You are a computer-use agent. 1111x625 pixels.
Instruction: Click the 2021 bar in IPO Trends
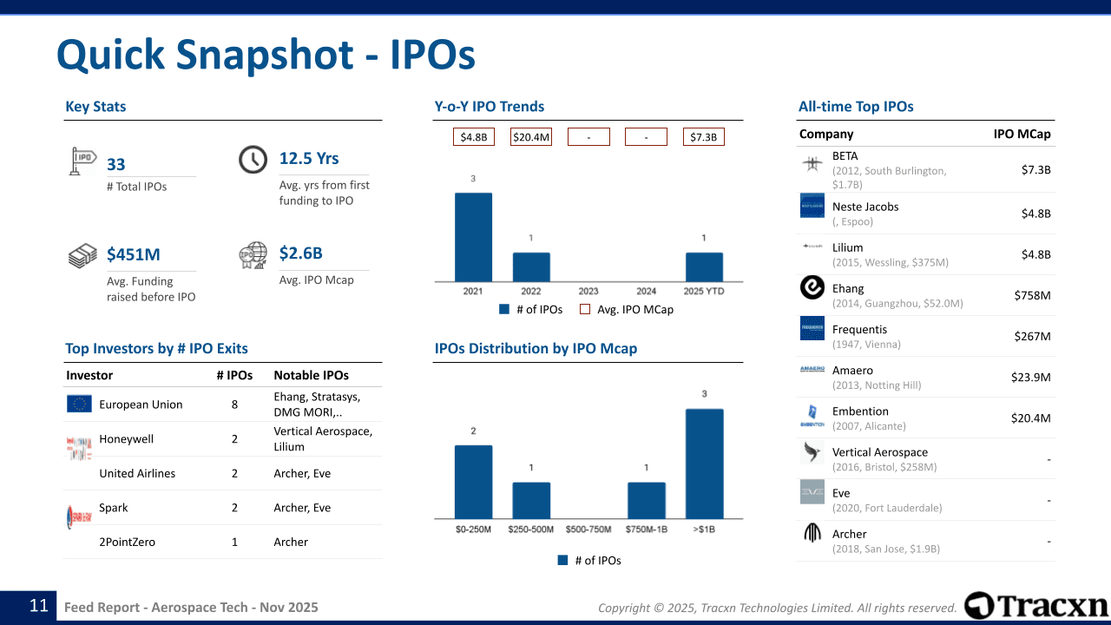[x=473, y=237]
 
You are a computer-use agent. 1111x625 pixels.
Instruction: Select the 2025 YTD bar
[x=704, y=266]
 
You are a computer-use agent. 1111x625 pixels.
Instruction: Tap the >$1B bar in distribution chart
[x=704, y=464]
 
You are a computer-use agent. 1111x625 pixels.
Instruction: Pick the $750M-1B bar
[x=647, y=501]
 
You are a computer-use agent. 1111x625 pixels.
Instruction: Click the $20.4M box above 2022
[x=531, y=137]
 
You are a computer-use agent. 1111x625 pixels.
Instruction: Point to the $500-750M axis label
[x=588, y=530]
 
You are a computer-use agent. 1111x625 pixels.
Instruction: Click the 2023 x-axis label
[x=588, y=291]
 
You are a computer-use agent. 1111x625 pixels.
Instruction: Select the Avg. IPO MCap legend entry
[x=627, y=310]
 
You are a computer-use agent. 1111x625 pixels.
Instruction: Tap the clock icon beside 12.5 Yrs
[x=253, y=160]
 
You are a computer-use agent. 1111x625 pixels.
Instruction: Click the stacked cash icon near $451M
[x=82, y=255]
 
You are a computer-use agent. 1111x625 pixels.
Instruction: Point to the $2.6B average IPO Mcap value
[x=300, y=253]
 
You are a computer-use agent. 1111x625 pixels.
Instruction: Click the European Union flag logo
[x=79, y=404]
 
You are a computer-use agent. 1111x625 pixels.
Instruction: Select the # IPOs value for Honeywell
[x=234, y=439]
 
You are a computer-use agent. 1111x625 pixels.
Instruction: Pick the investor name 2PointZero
[x=127, y=542]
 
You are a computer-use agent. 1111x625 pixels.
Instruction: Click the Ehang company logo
[x=812, y=287]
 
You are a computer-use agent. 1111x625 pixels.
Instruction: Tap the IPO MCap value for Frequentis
[x=1032, y=336]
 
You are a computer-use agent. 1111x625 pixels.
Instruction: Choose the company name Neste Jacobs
[x=865, y=207]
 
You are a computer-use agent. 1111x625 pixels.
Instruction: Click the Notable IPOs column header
[x=311, y=375]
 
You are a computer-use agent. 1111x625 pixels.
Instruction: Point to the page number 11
[x=39, y=606]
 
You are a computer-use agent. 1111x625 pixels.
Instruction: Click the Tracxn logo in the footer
[x=1035, y=606]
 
